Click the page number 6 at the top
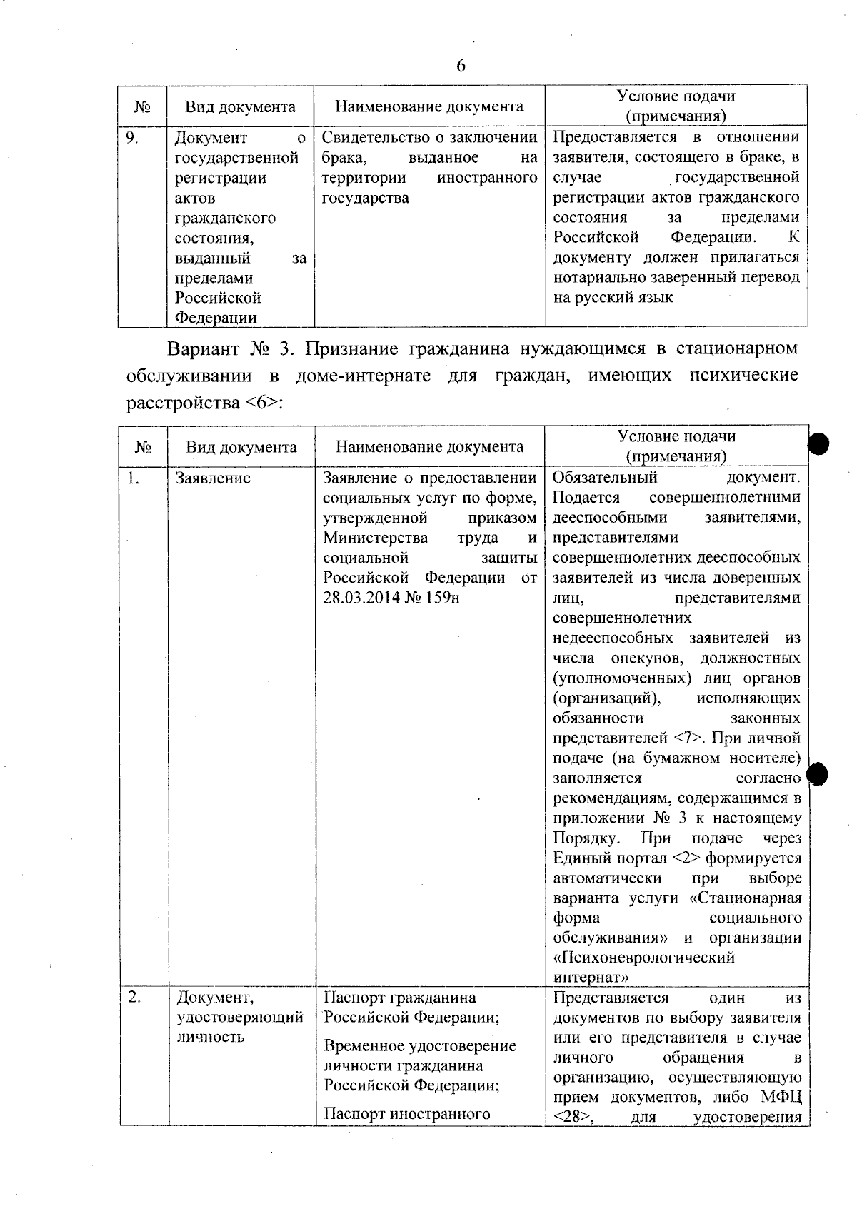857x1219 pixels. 461,66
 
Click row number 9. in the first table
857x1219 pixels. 132,138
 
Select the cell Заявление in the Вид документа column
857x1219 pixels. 213,478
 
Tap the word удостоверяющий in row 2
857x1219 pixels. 240,1017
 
